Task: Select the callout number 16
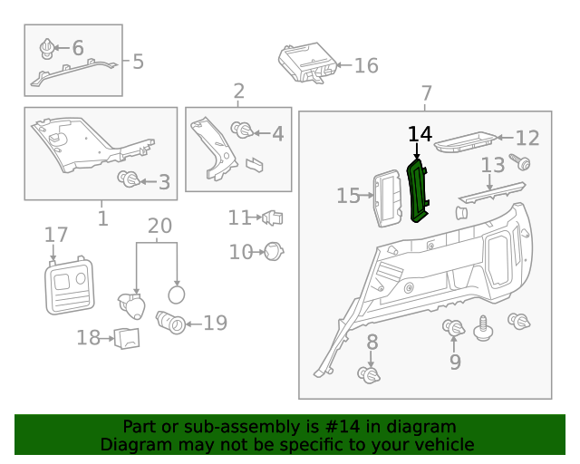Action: [x=365, y=65]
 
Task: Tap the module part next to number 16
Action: [x=306, y=62]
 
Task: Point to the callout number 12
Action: [x=527, y=138]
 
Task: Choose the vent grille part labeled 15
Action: [x=388, y=197]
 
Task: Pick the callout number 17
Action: [x=56, y=235]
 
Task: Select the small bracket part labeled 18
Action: [x=128, y=338]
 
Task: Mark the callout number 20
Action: [x=159, y=226]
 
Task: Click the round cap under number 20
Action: [x=178, y=293]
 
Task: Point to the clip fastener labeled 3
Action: [x=129, y=179]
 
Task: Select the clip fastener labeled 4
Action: [x=242, y=130]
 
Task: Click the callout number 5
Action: [x=138, y=62]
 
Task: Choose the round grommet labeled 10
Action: [x=273, y=251]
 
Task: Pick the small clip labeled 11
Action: [x=272, y=217]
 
